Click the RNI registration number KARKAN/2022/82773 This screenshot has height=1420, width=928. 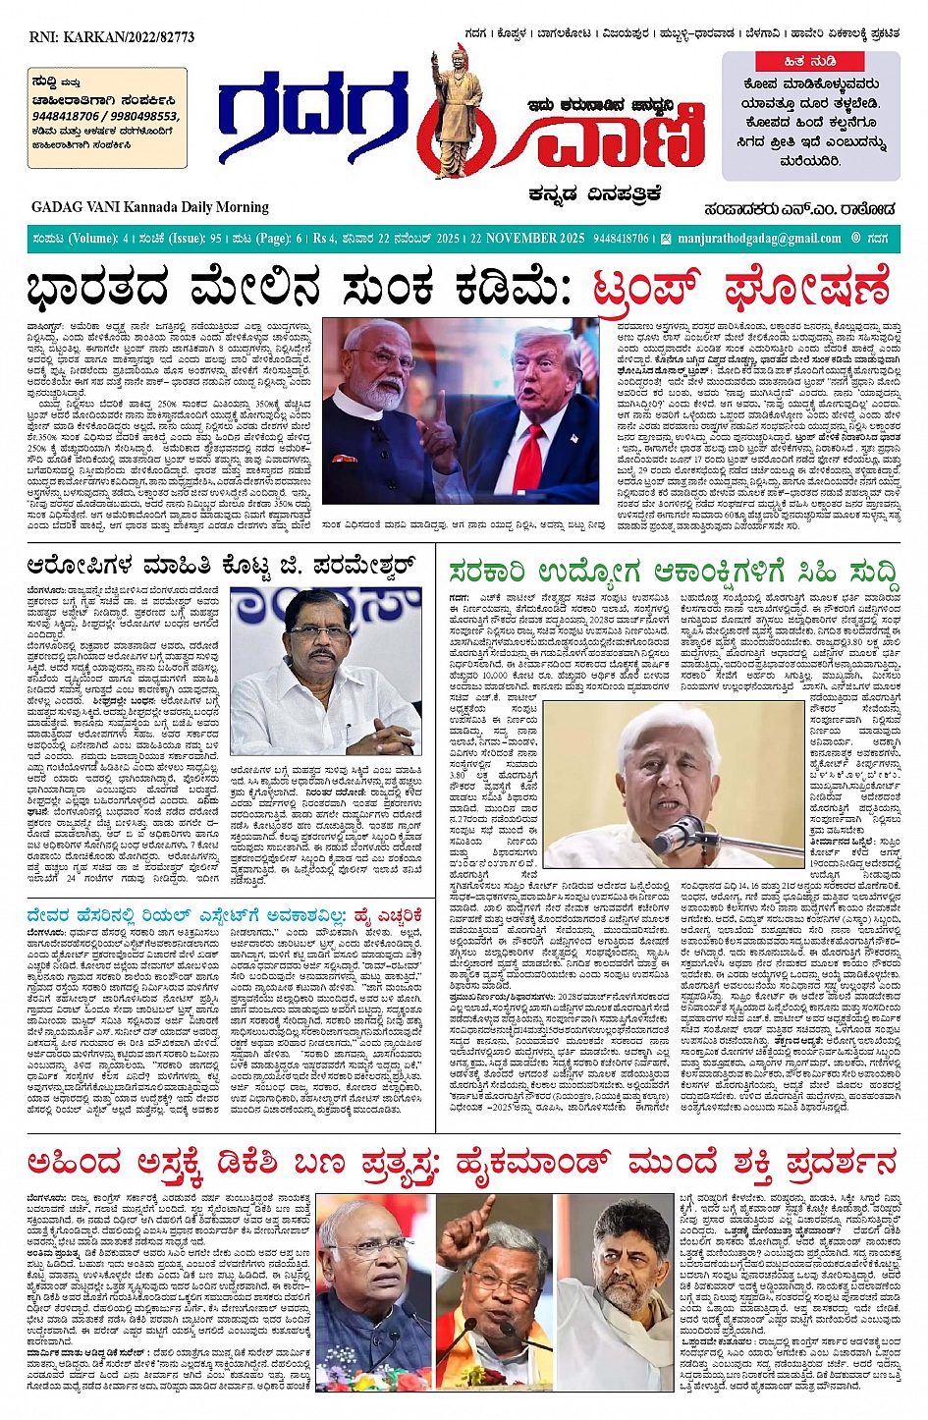(x=112, y=37)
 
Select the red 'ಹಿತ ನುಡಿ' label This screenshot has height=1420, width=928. (x=809, y=61)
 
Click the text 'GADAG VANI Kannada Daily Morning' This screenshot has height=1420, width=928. (x=149, y=206)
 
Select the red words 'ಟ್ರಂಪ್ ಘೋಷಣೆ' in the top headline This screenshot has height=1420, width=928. (x=741, y=289)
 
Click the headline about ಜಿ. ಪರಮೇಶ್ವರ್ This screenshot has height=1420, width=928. (x=231, y=566)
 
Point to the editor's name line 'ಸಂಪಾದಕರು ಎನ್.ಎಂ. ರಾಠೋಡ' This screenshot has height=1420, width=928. (x=799, y=208)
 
